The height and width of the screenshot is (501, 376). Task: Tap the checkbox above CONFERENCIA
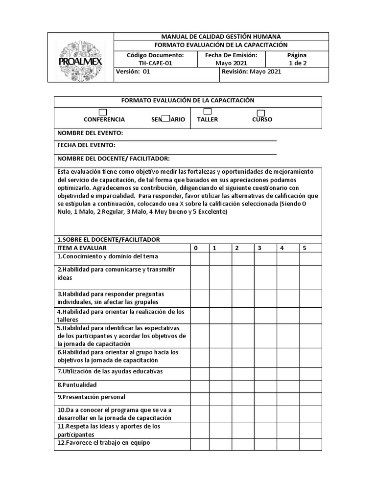coord(103,112)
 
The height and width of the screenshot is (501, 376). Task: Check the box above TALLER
coord(208,111)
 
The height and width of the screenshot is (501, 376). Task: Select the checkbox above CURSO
coord(261,113)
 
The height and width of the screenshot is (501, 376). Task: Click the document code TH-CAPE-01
coord(155,63)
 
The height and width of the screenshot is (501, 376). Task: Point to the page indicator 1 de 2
coord(297,63)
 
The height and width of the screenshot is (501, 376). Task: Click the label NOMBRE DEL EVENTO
coord(90,133)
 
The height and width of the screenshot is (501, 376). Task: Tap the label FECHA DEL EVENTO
coord(87,145)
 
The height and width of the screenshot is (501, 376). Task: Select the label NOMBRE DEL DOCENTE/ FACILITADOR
coord(114,159)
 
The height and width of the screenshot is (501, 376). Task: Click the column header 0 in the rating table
coord(196,248)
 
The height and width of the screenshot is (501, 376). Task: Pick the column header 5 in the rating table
coord(305,248)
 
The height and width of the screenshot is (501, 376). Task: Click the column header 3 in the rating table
coord(259,248)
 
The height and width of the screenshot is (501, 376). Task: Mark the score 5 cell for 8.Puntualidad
coord(310,385)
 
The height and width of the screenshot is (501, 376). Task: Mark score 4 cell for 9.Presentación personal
coord(288,398)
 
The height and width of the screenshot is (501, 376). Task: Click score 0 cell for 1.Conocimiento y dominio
coord(200,258)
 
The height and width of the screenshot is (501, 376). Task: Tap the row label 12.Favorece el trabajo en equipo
coord(104,443)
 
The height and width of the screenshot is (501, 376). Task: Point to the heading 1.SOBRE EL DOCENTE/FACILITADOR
coord(109,239)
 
